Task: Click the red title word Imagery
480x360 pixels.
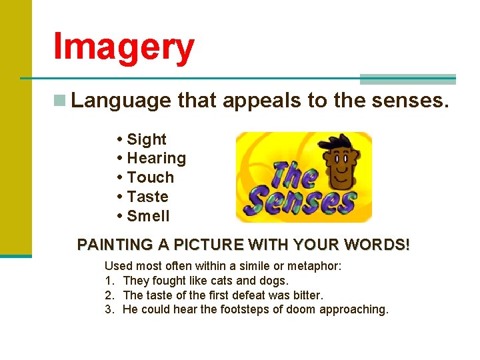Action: [124, 47]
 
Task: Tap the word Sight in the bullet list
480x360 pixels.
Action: [146, 139]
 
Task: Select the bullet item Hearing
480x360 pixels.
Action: [156, 159]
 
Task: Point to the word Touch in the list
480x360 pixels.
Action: [150, 178]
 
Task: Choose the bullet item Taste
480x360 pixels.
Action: [147, 197]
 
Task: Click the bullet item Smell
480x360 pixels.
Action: [148, 217]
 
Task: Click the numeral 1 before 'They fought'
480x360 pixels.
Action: [108, 281]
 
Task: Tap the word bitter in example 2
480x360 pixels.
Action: [307, 295]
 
